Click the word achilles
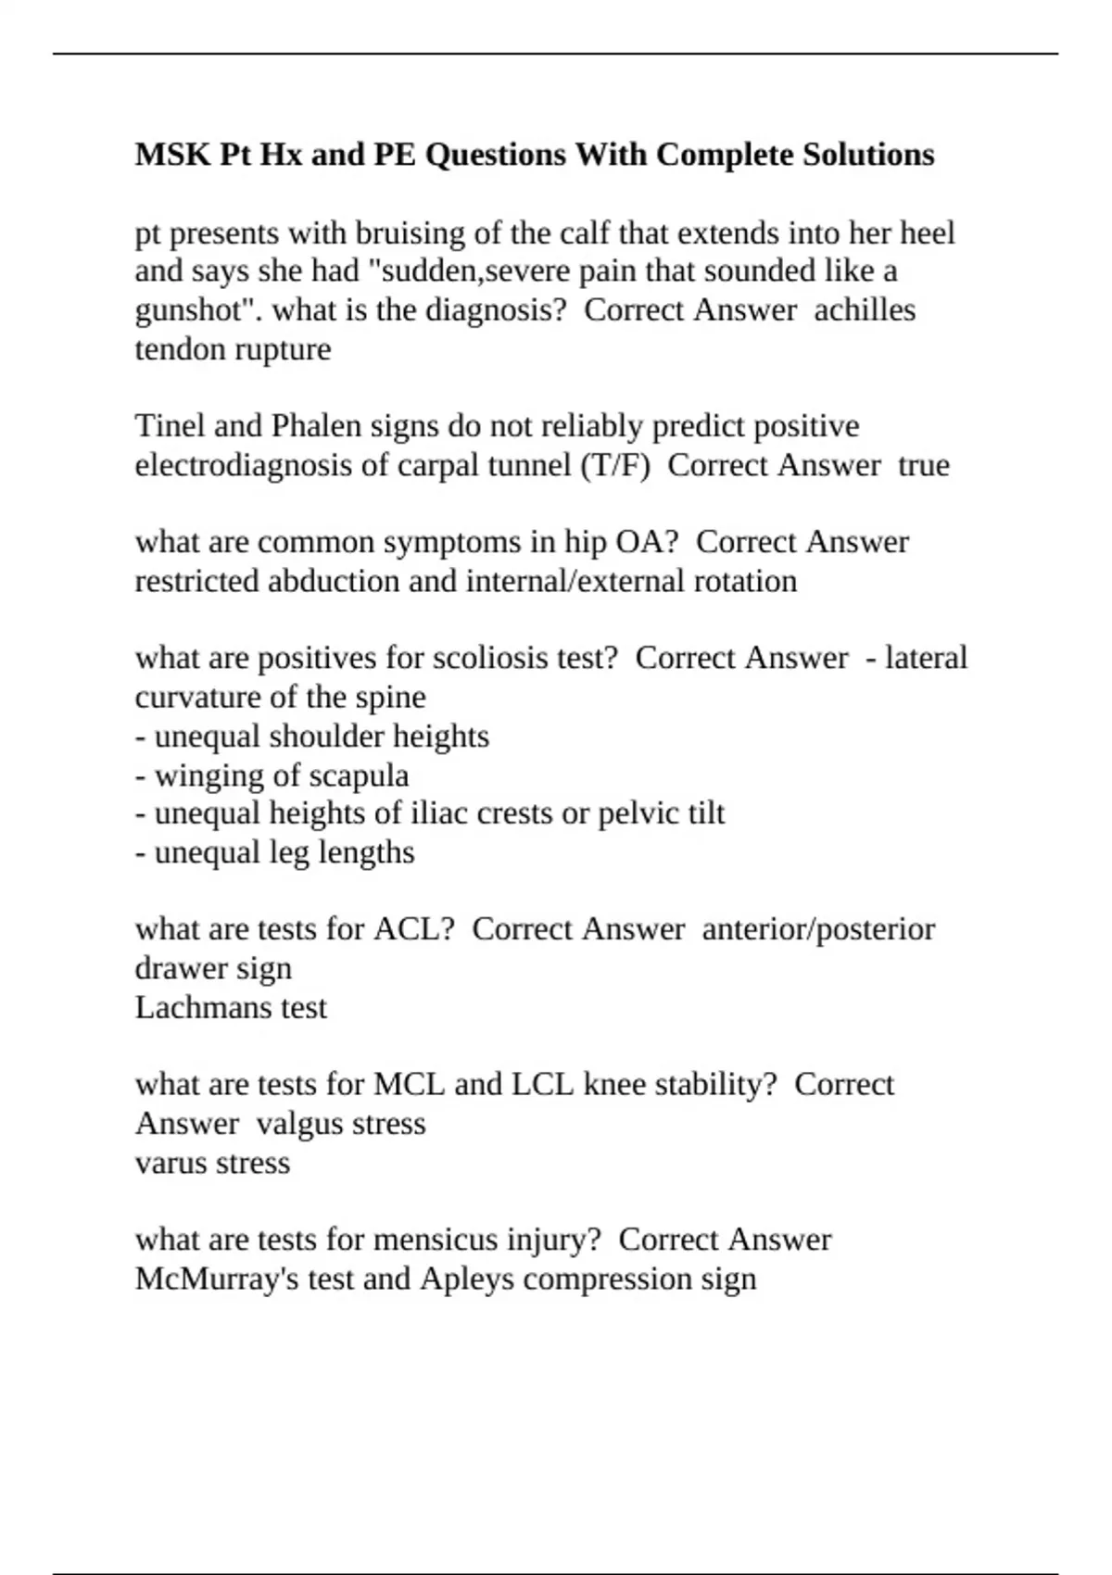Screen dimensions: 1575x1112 tap(865, 309)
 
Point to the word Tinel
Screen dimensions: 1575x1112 tap(169, 426)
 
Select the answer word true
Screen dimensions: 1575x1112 tap(924, 465)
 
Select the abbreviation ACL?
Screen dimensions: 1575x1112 tap(413, 929)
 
